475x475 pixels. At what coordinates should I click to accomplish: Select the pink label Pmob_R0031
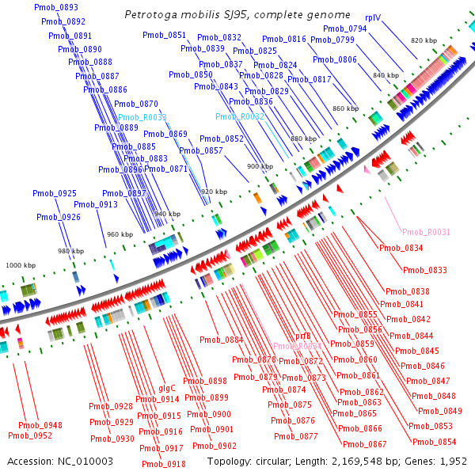click(x=426, y=232)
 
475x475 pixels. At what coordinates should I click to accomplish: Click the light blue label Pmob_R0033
click(x=142, y=117)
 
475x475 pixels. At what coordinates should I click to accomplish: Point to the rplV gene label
click(x=374, y=17)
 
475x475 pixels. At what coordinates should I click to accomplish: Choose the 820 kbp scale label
click(x=425, y=40)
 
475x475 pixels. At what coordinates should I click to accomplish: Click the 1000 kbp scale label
click(x=21, y=265)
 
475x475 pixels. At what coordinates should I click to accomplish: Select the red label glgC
click(x=167, y=389)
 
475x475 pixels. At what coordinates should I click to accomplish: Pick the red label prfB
click(x=303, y=336)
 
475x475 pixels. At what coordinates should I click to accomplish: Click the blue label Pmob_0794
click(x=346, y=28)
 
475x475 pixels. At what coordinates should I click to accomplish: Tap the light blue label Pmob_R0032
click(x=240, y=116)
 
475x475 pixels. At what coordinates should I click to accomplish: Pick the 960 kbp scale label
click(x=120, y=234)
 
